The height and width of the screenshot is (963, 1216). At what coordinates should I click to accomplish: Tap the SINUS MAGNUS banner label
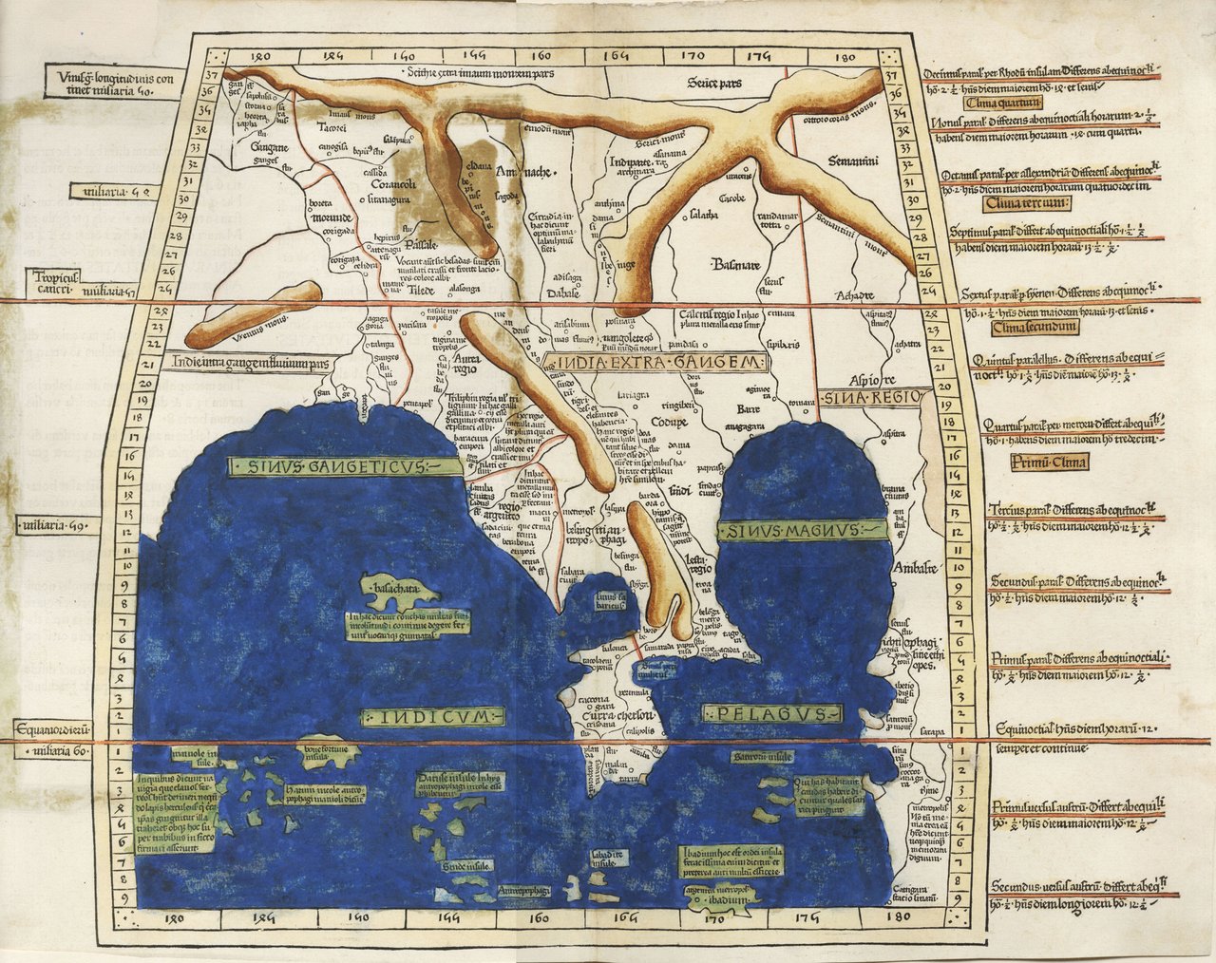(x=802, y=532)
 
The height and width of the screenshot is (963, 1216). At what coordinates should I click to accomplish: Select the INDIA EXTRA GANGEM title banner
(x=656, y=362)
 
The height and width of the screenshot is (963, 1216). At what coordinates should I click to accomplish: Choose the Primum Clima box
(x=1043, y=463)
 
